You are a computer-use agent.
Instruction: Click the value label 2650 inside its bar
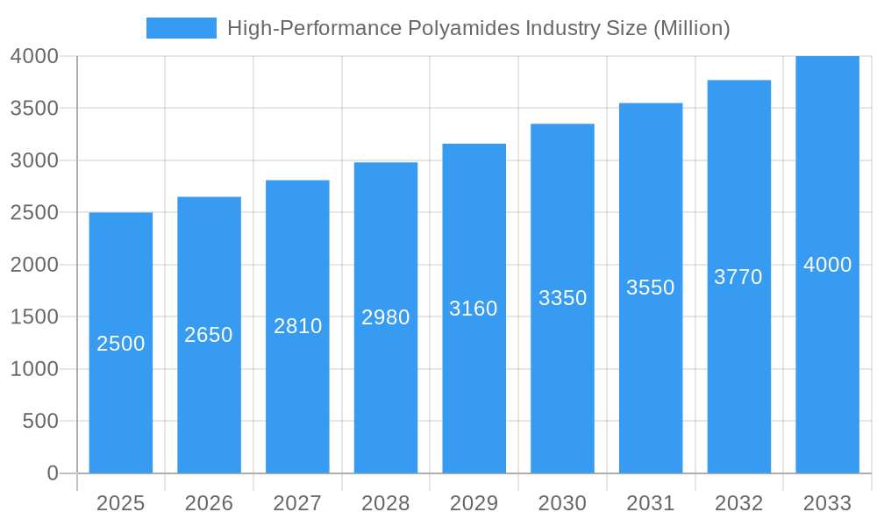[x=209, y=335]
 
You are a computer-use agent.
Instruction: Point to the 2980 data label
[x=386, y=317]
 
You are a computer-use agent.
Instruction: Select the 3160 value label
[x=474, y=309]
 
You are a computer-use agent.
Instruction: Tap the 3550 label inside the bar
[x=651, y=288]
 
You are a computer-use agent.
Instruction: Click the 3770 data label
[x=738, y=277]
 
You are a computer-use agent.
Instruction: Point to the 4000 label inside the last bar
[x=827, y=265]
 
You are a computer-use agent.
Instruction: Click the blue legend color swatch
[x=181, y=28]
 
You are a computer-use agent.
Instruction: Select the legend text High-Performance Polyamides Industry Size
[x=478, y=28]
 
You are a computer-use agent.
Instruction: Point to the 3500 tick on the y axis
[x=34, y=109]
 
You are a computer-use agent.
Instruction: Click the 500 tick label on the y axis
[x=40, y=422]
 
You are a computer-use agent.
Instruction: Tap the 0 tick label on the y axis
[x=52, y=473]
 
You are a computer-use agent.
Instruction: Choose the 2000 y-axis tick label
[x=34, y=265]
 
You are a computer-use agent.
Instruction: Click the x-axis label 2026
[x=209, y=503]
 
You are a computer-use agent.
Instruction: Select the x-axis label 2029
[x=474, y=503]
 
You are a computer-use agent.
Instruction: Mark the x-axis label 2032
[x=738, y=503]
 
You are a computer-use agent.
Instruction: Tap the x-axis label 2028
[x=386, y=503]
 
